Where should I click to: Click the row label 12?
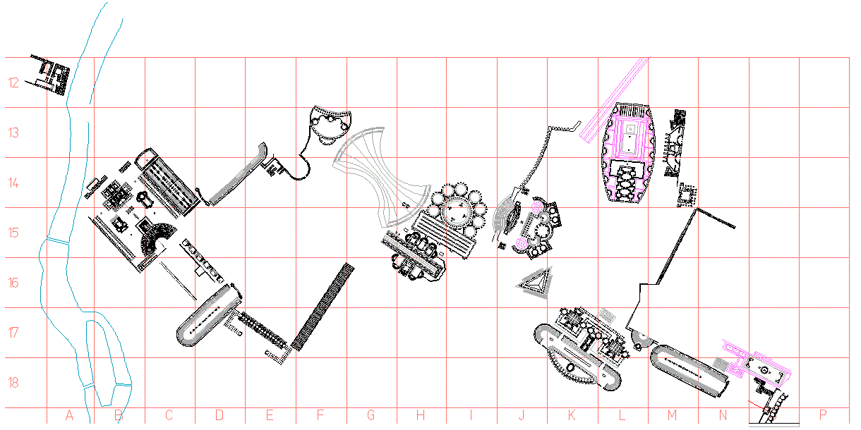pos(13,82)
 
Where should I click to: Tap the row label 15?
pos(13,233)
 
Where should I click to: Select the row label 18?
pos(13,383)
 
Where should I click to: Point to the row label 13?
pos(13,133)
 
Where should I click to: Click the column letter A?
pos(69,415)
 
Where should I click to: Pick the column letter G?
pos(371,415)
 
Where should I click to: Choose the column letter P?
pos(823,415)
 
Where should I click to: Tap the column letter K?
pos(572,415)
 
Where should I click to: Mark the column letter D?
pos(219,415)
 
